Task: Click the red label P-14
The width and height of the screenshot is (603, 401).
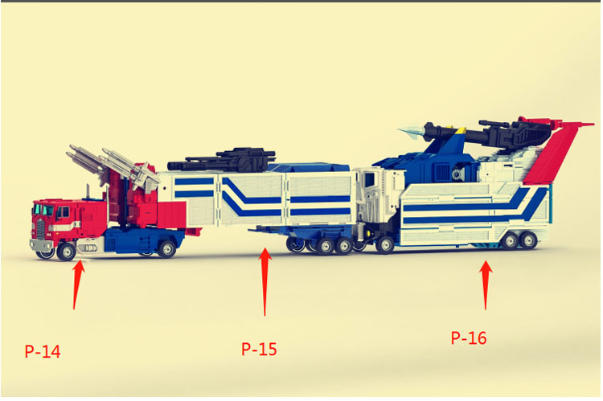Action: (43, 351)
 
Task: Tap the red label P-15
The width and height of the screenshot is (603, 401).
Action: (259, 349)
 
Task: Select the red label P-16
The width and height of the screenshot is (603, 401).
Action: (469, 338)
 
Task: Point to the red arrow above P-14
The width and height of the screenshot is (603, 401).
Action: (78, 284)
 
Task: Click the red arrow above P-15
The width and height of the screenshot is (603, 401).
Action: (265, 282)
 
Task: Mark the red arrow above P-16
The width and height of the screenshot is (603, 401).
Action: (486, 285)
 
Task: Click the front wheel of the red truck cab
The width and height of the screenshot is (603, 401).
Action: (66, 252)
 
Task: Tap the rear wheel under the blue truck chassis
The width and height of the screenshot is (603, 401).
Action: (167, 249)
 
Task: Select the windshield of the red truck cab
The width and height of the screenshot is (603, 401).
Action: (43, 210)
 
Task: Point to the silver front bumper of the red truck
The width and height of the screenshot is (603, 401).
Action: (41, 245)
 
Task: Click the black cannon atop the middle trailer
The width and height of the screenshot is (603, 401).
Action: (222, 160)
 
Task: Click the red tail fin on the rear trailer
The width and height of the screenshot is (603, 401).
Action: (554, 153)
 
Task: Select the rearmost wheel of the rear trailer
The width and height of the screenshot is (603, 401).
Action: (529, 240)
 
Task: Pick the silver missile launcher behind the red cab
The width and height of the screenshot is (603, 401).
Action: (112, 165)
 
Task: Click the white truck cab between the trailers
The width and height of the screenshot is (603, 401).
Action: (378, 200)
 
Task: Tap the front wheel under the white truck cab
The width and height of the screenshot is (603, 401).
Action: (384, 244)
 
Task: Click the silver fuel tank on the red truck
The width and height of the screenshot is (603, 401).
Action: (88, 247)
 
